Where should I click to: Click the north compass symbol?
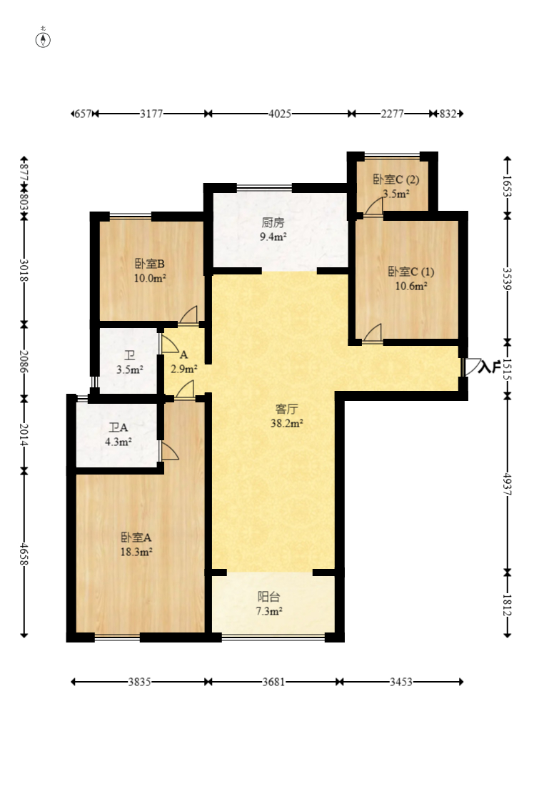coord(43,39)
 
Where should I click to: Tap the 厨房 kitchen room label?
coord(273,222)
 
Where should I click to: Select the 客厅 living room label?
coord(287,409)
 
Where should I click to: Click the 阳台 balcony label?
coord(268,597)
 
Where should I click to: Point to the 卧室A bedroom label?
coord(136,537)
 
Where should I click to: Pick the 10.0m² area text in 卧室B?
coord(150,278)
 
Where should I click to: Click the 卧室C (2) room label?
coord(396,179)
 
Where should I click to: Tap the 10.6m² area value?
coord(411,286)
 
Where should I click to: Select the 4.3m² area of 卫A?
coord(119,442)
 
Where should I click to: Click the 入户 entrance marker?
coord(488,367)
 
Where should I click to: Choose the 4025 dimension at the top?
coord(280,114)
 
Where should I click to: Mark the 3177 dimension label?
coord(151,114)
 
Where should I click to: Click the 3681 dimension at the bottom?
coord(273,682)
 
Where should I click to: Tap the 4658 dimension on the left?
coord(24,553)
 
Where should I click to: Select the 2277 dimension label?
coord(393,114)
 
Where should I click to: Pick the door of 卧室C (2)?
coord(374,207)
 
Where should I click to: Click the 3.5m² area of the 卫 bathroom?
coord(129,369)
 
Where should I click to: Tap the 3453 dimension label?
coord(401,682)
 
